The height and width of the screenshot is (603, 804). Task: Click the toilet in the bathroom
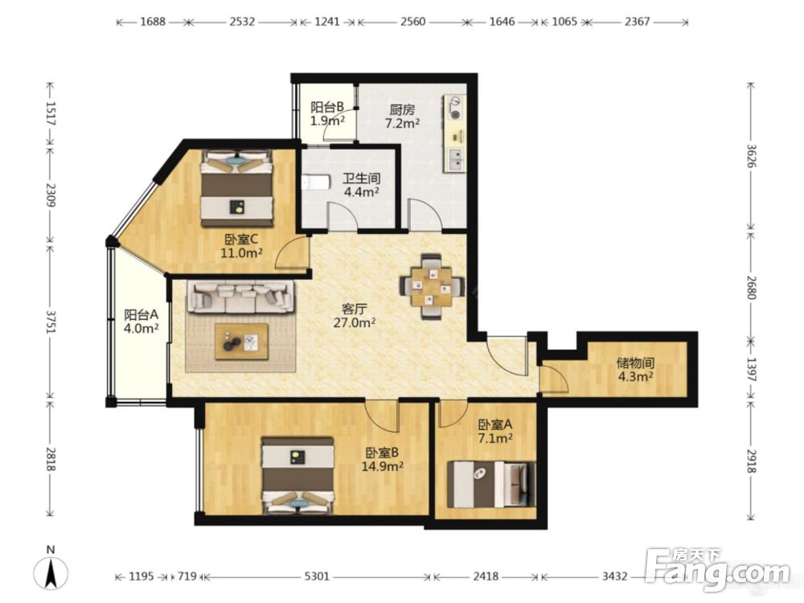pos(315,183)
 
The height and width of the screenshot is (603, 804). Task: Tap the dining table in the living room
pos(433,287)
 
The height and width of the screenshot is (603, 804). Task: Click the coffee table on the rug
pos(242,342)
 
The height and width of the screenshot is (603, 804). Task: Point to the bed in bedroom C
pos(236,188)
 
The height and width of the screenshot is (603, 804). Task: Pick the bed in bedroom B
pos(298,475)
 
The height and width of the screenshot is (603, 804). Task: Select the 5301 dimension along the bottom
pos(316,576)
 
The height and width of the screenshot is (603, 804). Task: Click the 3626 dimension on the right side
pos(751,155)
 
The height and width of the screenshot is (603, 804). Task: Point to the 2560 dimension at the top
pos(412,22)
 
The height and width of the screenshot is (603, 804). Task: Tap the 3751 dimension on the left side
pos(51,322)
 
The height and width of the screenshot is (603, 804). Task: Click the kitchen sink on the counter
pos(455,159)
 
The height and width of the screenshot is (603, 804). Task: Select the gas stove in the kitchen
pos(454,108)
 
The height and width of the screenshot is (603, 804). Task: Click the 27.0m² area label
pos(355,322)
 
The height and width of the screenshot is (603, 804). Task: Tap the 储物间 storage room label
pos(635,363)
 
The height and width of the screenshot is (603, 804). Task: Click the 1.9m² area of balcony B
pos(327,121)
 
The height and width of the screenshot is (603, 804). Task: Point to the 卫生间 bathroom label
pos(362,178)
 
